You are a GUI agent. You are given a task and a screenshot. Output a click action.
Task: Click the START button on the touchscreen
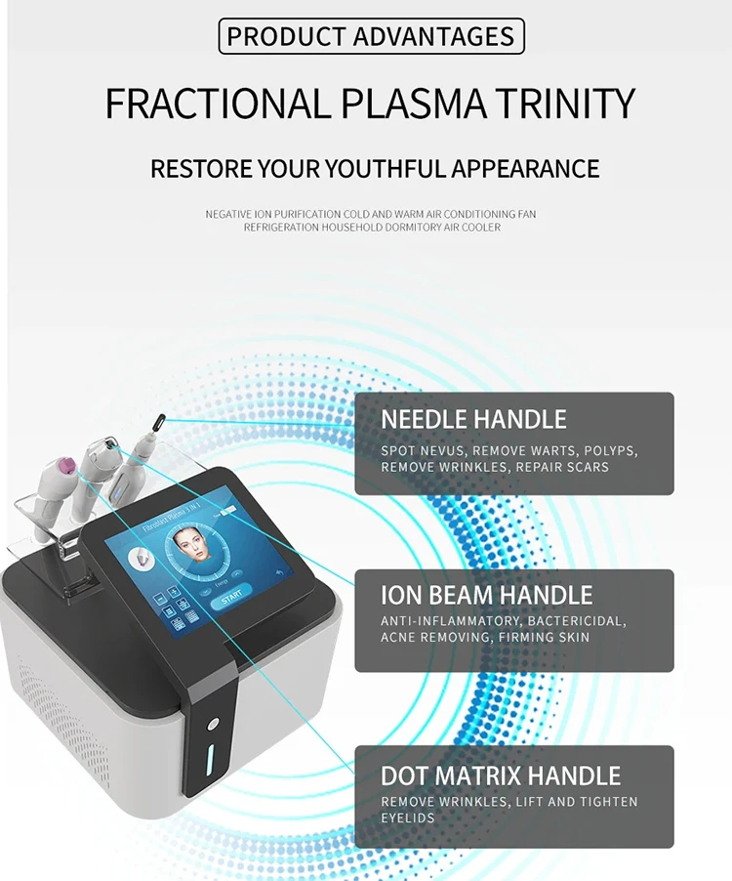click(x=232, y=598)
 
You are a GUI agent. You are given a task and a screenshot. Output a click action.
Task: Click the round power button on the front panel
click(x=214, y=725)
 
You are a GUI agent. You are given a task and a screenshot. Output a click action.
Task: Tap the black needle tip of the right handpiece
click(x=154, y=421)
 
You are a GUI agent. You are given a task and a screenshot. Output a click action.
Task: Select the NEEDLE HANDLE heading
click(x=473, y=420)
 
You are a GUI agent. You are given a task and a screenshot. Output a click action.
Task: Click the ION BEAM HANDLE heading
click(x=486, y=595)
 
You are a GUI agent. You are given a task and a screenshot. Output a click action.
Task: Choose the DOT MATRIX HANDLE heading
click(x=501, y=776)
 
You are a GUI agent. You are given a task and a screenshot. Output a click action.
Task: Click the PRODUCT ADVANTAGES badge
click(x=371, y=37)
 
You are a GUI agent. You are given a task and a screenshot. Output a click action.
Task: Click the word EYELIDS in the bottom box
click(x=410, y=818)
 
